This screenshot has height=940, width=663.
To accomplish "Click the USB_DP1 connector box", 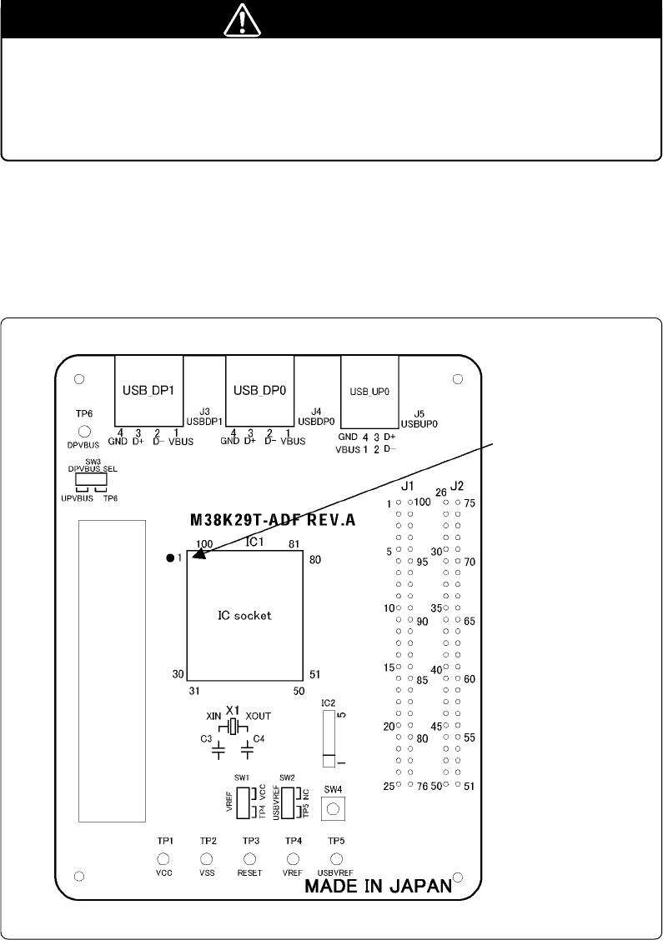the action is coord(148,391).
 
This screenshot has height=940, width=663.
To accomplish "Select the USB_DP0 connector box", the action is coord(260,391).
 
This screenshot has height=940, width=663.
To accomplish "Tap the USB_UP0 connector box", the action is coord(369,392).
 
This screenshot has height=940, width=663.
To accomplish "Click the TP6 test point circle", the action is coord(84,432).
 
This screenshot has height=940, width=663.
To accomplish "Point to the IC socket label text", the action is coord(244,616).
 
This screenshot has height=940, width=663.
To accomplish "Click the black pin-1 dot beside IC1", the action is coord(170,558).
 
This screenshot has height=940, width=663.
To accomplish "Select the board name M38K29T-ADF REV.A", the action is coord(273,520).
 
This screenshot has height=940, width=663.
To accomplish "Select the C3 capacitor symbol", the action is coord(219,748).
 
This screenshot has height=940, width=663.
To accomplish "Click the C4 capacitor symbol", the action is coord(247,748).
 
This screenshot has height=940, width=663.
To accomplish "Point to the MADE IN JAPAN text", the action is coord(378,886).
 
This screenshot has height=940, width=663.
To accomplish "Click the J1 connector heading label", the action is coord(407,486).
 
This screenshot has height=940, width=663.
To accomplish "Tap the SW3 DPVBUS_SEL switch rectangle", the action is coord(91,480).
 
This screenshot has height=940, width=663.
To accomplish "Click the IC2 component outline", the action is coord(328,738).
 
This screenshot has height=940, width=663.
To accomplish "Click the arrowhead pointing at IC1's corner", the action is coord(200,554).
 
